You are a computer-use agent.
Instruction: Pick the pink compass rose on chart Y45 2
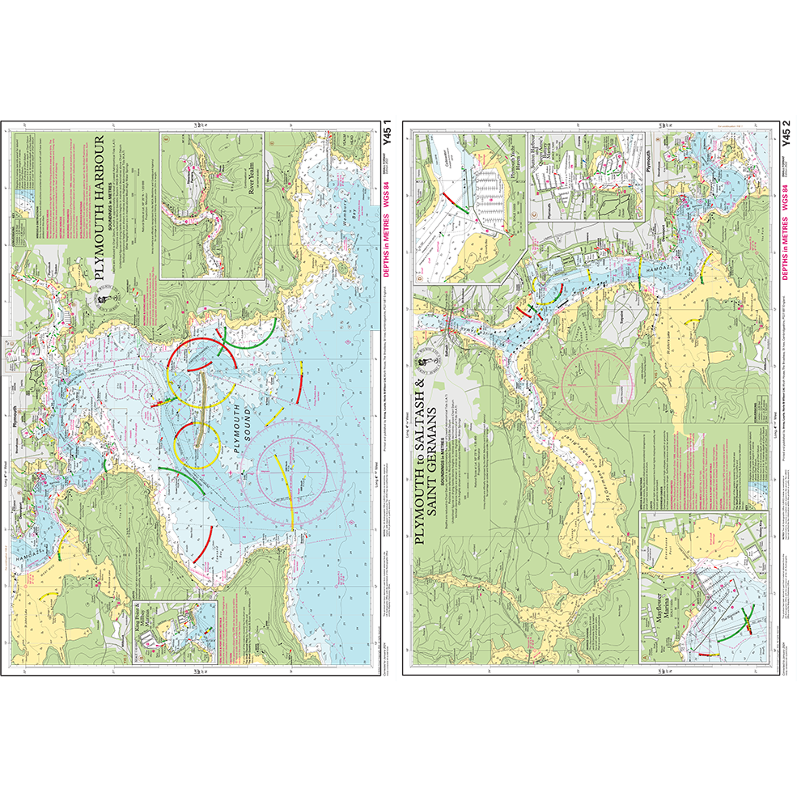pos(599,381)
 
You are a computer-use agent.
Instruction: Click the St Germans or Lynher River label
pos(566,453)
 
